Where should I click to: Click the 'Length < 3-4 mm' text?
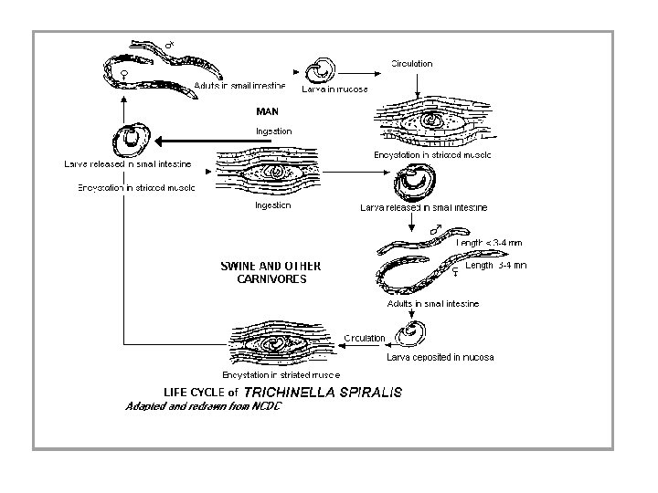coord(490,242)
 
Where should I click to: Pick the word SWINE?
coord(240,267)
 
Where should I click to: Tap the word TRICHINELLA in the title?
coord(292,392)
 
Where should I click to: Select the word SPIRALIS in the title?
coord(369,392)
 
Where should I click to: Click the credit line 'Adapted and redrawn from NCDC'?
coord(203,406)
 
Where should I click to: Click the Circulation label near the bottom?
coord(365,338)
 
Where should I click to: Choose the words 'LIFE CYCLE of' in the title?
coord(195,393)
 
